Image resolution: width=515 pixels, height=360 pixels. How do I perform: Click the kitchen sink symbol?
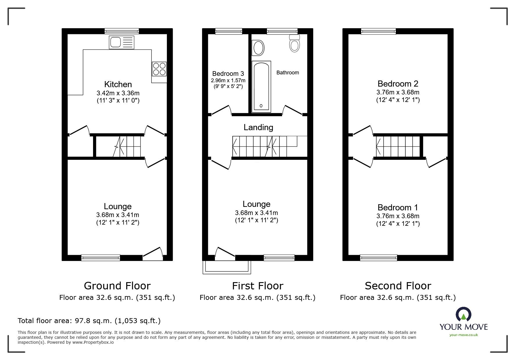pyautogui.click(x=122, y=42)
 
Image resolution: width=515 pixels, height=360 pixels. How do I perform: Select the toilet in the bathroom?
pyautogui.click(x=295, y=44)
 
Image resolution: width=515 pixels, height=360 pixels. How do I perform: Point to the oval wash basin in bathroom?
pyautogui.click(x=258, y=48)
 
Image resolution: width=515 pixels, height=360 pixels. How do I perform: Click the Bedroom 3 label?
pyautogui.click(x=228, y=74)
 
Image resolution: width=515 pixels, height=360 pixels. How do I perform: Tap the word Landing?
pyautogui.click(x=258, y=127)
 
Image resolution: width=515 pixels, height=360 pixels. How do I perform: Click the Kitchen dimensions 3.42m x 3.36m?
pyautogui.click(x=118, y=93)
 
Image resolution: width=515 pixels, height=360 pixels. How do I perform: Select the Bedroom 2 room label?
pyautogui.click(x=398, y=84)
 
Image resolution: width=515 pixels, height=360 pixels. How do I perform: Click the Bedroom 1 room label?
pyautogui.click(x=398, y=207)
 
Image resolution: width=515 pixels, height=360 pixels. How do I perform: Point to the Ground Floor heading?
pyautogui.click(x=117, y=286)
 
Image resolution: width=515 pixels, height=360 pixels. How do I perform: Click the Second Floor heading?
pyautogui.click(x=398, y=286)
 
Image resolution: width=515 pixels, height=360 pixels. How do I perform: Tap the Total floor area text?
pyautogui.click(x=89, y=321)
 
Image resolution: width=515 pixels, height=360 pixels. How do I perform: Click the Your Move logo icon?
pyautogui.click(x=463, y=315)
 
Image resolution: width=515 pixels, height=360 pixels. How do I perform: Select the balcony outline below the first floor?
pyautogui.click(x=227, y=268)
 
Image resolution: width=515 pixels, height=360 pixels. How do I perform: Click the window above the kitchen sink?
pyautogui.click(x=122, y=31)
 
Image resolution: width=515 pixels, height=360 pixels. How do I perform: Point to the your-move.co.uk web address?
pyautogui.click(x=464, y=335)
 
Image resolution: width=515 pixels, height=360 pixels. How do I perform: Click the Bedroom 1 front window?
pyautogui.click(x=378, y=257)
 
